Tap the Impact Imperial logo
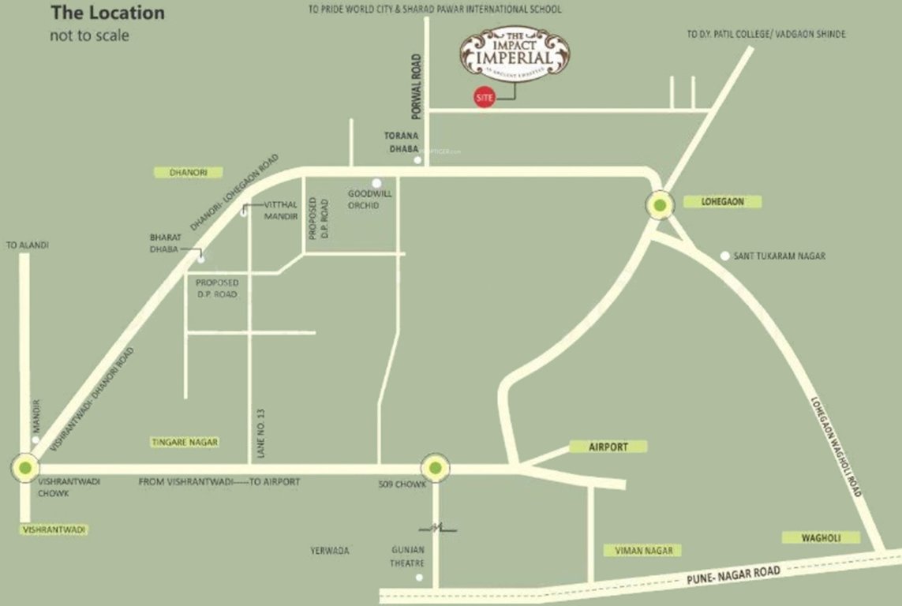[x=515, y=54]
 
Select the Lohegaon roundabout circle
[x=661, y=207]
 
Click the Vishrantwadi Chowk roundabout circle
[x=25, y=467]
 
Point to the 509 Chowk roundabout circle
[x=436, y=468]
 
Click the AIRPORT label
[x=608, y=447]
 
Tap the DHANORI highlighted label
[x=189, y=172]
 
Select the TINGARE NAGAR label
[x=185, y=443]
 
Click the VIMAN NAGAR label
[x=642, y=550]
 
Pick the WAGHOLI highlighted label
[x=810, y=537]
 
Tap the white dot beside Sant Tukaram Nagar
[x=725, y=256]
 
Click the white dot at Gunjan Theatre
[x=419, y=578]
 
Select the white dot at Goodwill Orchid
[x=376, y=182]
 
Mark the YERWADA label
[x=330, y=551]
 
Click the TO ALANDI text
[x=28, y=245]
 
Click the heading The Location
[x=107, y=13]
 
